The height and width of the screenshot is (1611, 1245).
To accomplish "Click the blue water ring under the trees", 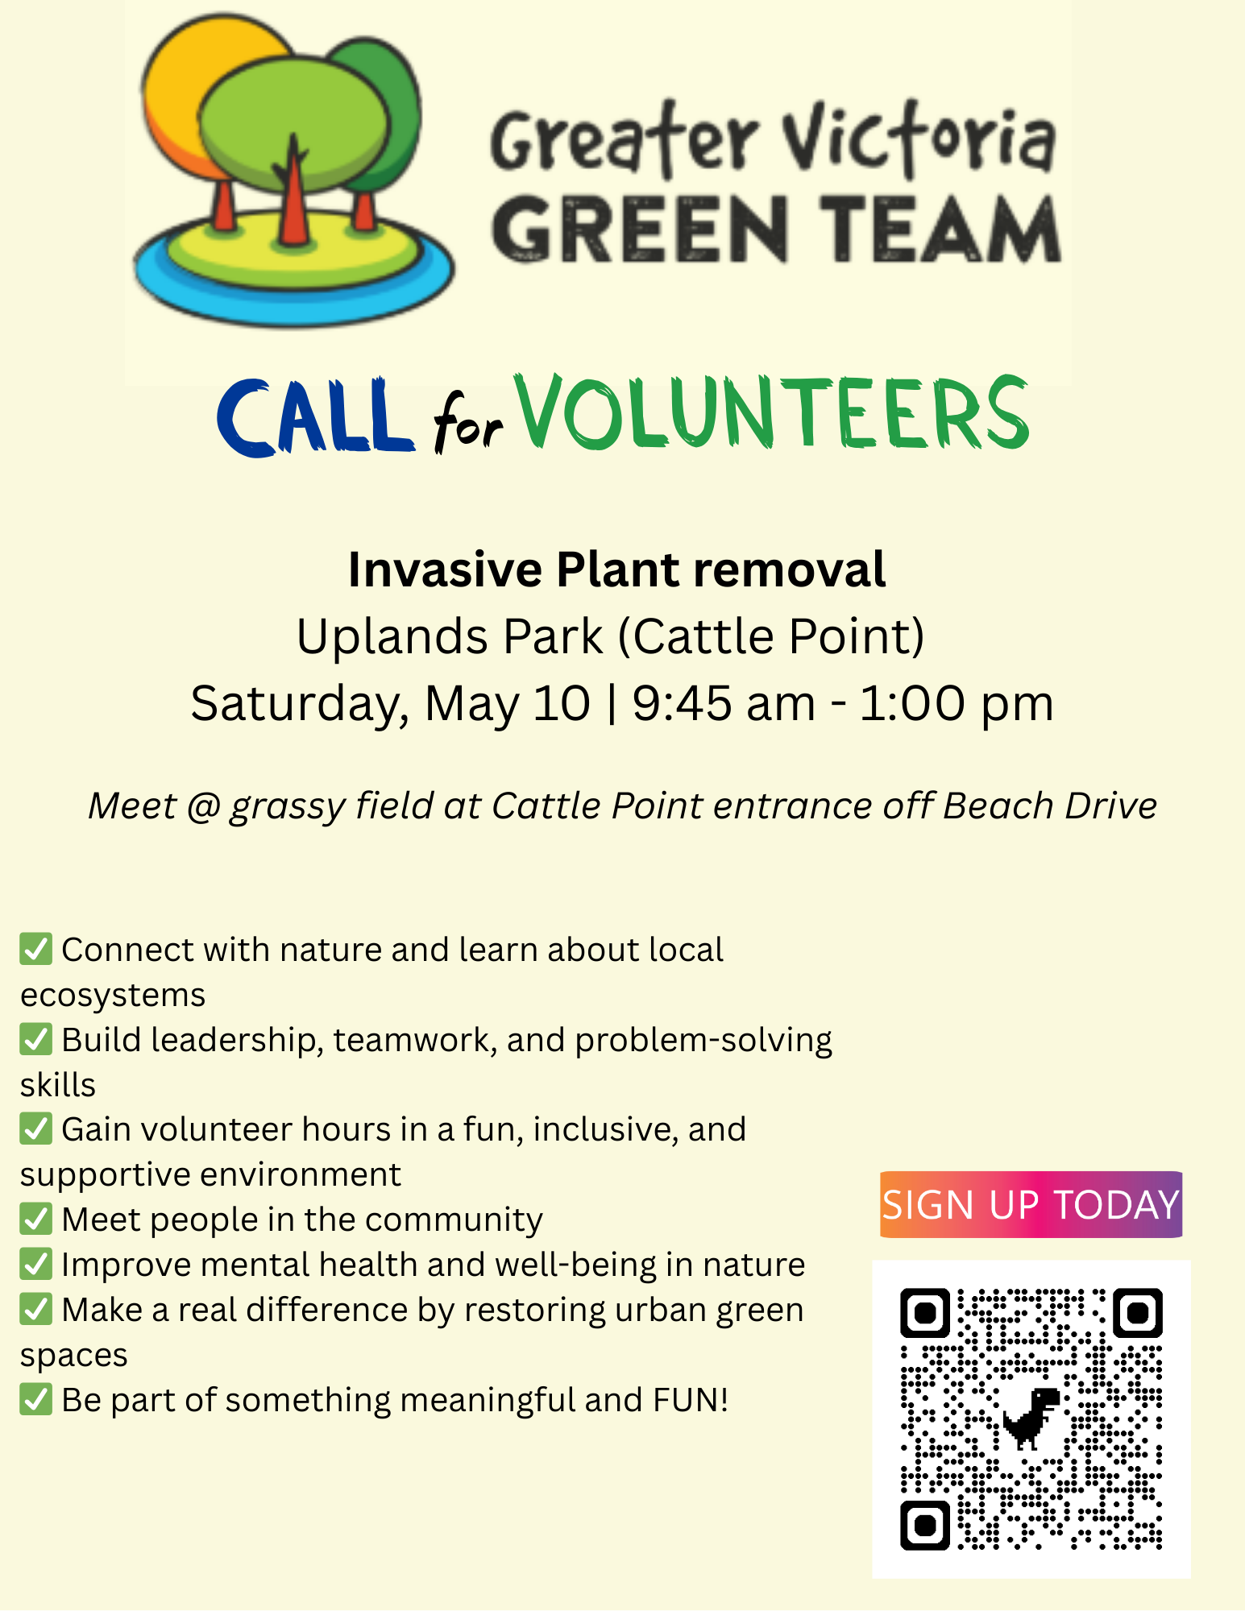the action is [x=294, y=282].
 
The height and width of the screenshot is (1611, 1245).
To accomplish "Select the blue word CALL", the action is [x=315, y=417].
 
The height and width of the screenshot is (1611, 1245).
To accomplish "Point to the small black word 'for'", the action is [x=468, y=421].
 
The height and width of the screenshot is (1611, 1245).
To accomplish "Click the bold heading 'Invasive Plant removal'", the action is [x=617, y=569].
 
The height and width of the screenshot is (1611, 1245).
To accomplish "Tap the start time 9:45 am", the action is [x=724, y=702].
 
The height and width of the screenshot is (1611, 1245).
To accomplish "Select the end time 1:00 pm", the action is [x=957, y=702].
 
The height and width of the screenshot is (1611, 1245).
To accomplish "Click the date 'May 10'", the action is [x=508, y=702].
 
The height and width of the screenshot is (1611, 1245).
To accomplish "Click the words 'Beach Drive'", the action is [x=1050, y=805].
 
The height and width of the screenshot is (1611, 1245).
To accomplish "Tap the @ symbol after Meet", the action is [x=203, y=806].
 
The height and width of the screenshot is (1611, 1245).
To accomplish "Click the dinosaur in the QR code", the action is [x=1031, y=1417].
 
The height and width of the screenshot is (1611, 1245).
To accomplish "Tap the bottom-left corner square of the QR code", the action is [x=925, y=1525].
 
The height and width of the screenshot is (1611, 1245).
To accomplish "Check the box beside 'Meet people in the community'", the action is [x=36, y=1220].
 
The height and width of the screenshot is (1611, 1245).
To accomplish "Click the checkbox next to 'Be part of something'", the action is [x=36, y=1400].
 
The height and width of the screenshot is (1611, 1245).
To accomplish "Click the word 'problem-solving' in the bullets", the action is [x=703, y=1041].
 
